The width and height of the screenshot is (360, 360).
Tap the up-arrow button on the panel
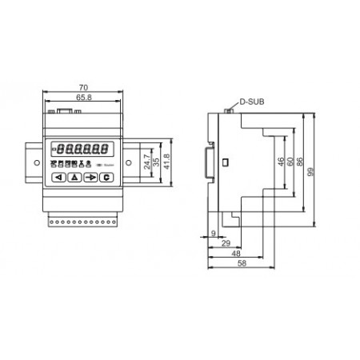(74, 178)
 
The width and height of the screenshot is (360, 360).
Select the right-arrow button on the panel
(90, 178)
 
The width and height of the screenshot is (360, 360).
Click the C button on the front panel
(106, 178)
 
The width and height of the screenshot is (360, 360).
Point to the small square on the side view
(225, 163)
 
